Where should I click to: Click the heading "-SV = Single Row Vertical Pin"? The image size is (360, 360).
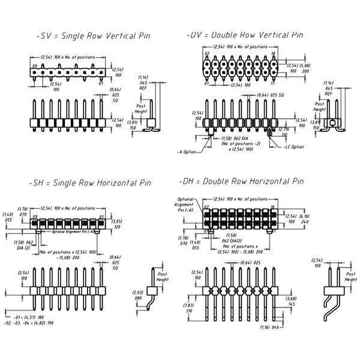pyautogui.click(x=92, y=36)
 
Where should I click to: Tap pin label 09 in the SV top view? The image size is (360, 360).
pyautogui.click(x=35, y=66)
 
